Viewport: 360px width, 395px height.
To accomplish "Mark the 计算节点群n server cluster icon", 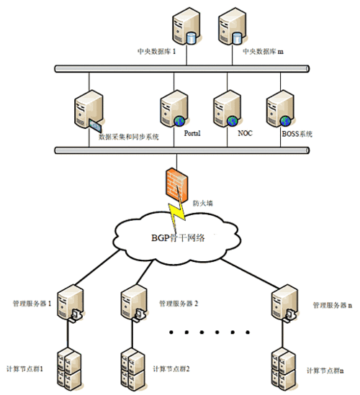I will [x=282, y=367].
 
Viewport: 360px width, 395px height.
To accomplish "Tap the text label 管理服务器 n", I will [x=332, y=305].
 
